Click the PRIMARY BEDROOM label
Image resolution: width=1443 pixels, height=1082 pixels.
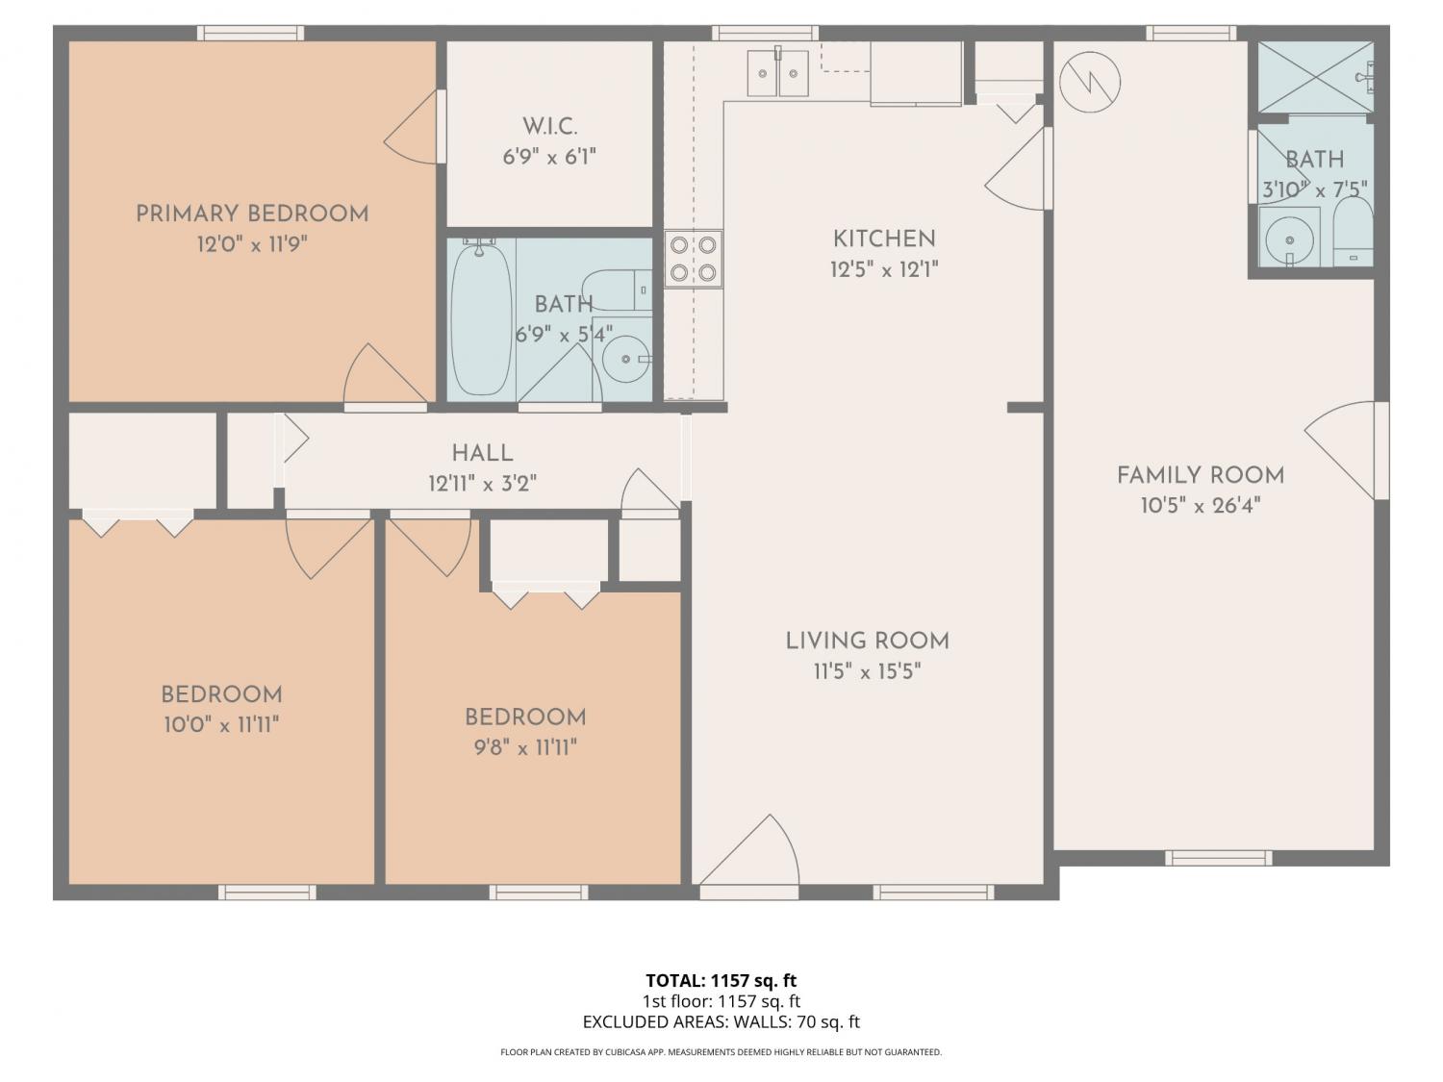252,214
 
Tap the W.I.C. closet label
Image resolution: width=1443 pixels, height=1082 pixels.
549,127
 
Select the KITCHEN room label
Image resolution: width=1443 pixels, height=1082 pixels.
884,239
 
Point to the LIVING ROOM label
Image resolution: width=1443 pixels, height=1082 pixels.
867,642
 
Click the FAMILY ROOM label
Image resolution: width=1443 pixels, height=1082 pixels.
1201,476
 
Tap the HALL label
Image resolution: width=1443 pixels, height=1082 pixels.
483,453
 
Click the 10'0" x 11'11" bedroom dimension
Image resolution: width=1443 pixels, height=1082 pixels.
221,725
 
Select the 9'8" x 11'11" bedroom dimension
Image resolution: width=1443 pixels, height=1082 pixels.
525,747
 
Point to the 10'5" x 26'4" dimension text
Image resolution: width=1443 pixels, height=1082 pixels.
1201,506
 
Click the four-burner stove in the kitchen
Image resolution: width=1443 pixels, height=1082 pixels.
693,259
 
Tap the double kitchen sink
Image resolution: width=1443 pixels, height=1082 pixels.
777,72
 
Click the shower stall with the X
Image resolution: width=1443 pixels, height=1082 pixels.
1315,77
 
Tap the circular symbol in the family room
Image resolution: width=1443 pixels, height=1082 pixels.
1090,82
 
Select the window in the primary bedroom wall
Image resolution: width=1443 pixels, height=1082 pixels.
250,33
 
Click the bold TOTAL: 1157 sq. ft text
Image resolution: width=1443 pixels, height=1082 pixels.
721,981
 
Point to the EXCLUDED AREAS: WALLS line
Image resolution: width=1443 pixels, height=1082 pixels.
721,1021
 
